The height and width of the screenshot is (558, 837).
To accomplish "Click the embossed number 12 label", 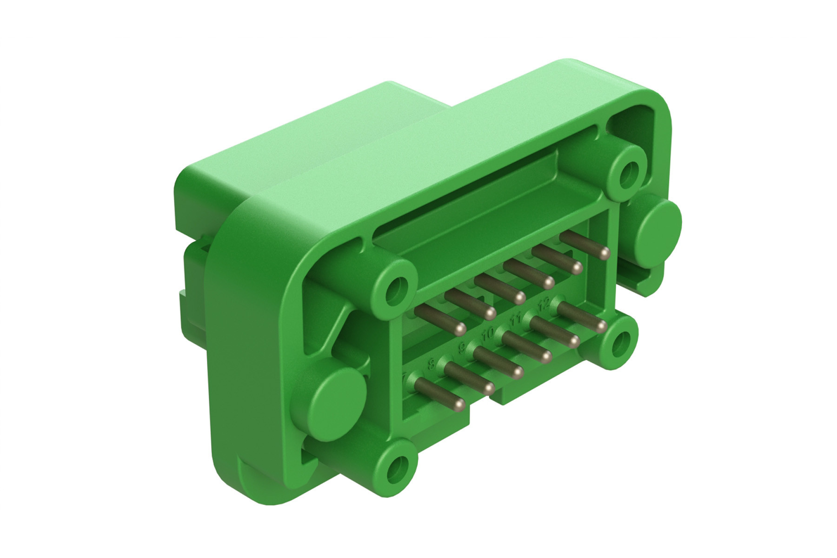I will click(543, 305).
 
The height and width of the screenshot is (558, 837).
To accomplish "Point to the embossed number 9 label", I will click(462, 348).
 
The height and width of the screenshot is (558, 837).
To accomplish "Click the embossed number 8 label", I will click(432, 364).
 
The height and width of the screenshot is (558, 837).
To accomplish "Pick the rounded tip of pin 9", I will click(518, 372).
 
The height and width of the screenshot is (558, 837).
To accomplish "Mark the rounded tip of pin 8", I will click(489, 388).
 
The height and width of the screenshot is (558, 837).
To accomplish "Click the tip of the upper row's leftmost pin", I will click(460, 329).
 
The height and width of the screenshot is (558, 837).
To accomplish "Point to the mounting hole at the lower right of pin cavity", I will click(620, 343).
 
